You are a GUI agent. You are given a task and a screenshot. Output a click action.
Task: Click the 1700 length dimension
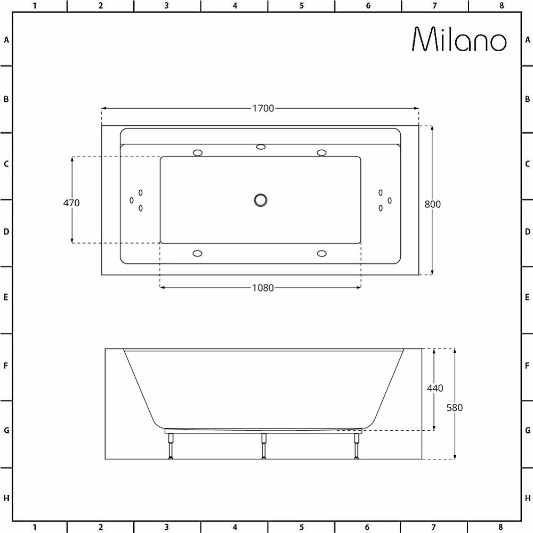click(263, 108)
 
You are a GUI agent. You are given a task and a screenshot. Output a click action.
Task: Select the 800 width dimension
click(433, 204)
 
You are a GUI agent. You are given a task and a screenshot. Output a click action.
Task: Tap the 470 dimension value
click(71, 203)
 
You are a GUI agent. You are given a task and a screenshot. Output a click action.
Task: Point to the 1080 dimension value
click(263, 288)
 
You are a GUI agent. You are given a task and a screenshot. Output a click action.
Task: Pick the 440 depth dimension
click(435, 388)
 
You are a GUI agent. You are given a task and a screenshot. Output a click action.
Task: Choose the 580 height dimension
click(455, 407)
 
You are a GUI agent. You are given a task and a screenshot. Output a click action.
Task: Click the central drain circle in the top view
click(260, 200)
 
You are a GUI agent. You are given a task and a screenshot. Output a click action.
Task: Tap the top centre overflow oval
click(261, 147)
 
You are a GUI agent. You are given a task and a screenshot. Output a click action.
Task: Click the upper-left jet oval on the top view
click(198, 153)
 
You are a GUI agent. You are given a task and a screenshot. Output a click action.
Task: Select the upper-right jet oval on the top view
click(321, 153)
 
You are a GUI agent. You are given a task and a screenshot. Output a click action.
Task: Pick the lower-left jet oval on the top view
click(198, 253)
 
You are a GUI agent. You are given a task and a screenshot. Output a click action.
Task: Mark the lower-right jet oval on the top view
click(321, 253)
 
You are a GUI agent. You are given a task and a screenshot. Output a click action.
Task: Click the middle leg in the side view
click(263, 446)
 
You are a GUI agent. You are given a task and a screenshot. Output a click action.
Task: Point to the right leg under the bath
click(356, 446)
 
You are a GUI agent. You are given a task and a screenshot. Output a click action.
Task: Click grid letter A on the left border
click(6, 39)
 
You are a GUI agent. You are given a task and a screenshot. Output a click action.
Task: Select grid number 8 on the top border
click(501, 6)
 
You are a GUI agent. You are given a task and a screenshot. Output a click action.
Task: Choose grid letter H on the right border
click(527, 498)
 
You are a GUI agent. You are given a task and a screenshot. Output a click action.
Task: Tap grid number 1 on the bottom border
click(34, 527)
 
